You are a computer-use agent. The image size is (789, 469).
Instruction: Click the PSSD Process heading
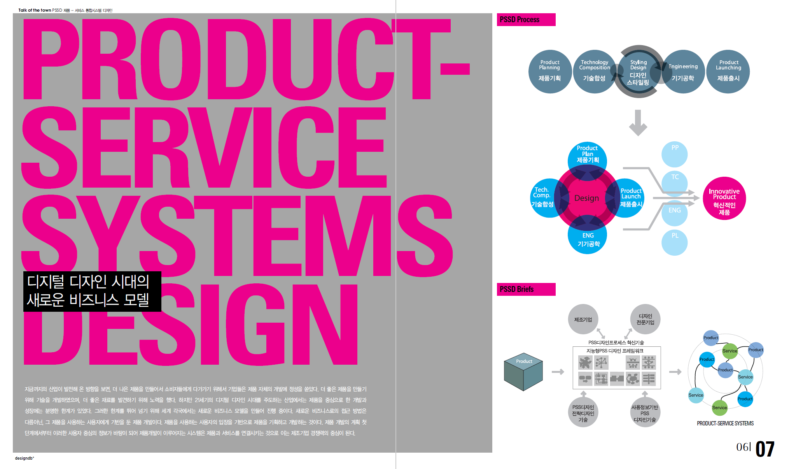pyautogui.click(x=526, y=19)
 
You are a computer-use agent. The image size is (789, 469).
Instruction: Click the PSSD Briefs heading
pyautogui.click(x=526, y=289)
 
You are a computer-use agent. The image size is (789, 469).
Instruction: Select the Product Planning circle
pyautogui.click(x=549, y=72)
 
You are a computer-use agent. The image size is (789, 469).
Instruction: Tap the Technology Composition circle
pyautogui.click(x=594, y=72)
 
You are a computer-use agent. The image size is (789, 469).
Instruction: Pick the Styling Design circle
pyautogui.click(x=638, y=72)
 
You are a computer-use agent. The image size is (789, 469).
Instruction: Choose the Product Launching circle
pyautogui.click(x=728, y=72)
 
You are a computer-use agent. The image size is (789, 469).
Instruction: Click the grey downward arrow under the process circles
pyautogui.click(x=638, y=123)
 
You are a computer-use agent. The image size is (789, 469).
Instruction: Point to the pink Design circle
pyautogui.click(x=586, y=198)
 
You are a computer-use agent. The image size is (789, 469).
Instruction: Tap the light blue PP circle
pyautogui.click(x=675, y=154)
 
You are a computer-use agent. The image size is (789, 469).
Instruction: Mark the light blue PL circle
pyautogui.click(x=675, y=242)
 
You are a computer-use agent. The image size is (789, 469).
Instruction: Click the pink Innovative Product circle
pyautogui.click(x=724, y=198)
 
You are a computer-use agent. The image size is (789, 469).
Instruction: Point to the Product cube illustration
pyautogui.click(x=523, y=372)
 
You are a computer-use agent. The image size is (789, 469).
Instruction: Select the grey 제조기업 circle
pyautogui.click(x=583, y=319)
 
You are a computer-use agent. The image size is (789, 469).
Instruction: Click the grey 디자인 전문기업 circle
pyautogui.click(x=645, y=319)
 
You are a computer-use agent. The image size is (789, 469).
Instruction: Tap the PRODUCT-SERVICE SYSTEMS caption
pyautogui.click(x=725, y=423)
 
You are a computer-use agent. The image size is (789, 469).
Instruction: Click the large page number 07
pyautogui.click(x=765, y=449)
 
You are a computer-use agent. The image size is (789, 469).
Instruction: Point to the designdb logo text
pyautogui.click(x=24, y=458)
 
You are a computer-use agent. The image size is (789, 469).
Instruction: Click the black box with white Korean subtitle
pyautogui.click(x=92, y=292)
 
